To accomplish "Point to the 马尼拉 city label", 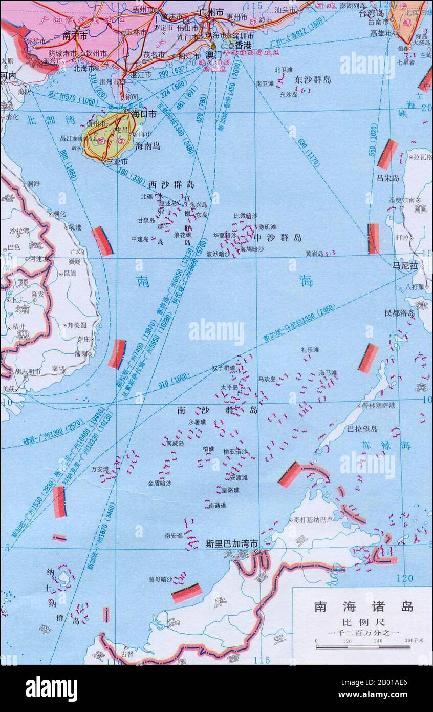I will (x=405, y=265).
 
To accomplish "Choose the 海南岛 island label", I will (x=148, y=146).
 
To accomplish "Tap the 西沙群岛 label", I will (x=171, y=184).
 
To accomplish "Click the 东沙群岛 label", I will (x=313, y=80).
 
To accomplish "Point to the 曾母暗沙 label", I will (x=160, y=579).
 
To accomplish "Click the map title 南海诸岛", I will (x=363, y=607).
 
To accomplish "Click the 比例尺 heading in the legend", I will (x=363, y=623).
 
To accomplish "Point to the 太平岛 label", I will (x=229, y=387).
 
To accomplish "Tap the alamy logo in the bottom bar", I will (x=51, y=688).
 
